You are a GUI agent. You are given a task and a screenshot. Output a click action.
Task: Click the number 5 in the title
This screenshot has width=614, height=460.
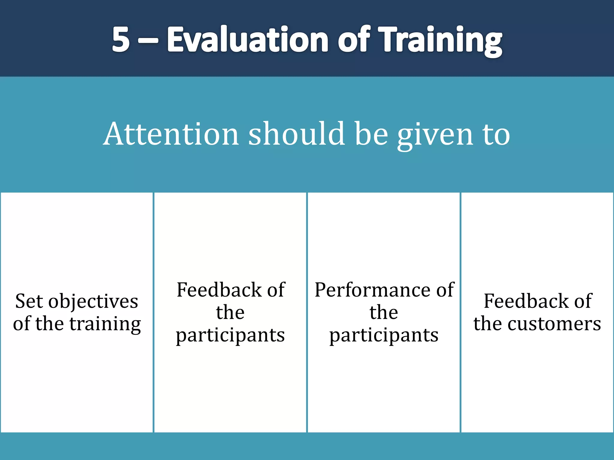coord(121,39)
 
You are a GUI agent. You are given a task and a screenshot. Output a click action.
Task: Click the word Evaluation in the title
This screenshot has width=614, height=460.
coord(248,39)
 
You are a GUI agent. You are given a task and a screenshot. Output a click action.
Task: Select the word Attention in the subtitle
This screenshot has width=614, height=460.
coord(171,134)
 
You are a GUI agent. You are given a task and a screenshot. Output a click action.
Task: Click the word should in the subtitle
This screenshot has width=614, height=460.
coord(296,134)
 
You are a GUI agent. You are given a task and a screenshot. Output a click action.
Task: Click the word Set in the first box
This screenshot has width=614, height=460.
coord(29,301)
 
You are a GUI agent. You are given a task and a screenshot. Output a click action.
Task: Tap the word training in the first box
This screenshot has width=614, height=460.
coord(105,324)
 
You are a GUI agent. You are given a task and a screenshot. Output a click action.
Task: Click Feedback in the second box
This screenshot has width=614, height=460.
coord(219,290)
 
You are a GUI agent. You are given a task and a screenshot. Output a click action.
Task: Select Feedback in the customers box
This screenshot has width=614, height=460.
coord(526,301)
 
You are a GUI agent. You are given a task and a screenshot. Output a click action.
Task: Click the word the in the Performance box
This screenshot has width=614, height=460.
coord(384,312)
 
